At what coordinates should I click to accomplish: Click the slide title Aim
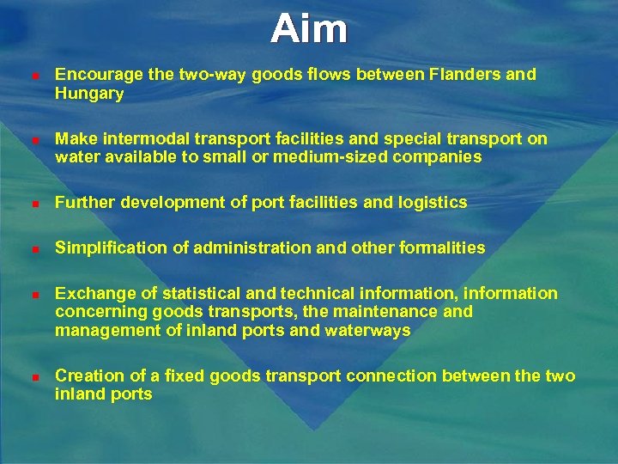tap(309, 29)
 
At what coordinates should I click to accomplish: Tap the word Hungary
tap(89, 94)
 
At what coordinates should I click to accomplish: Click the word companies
tap(439, 157)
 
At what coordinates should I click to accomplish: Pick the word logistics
tap(431, 203)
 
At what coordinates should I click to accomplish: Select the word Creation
tap(87, 375)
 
